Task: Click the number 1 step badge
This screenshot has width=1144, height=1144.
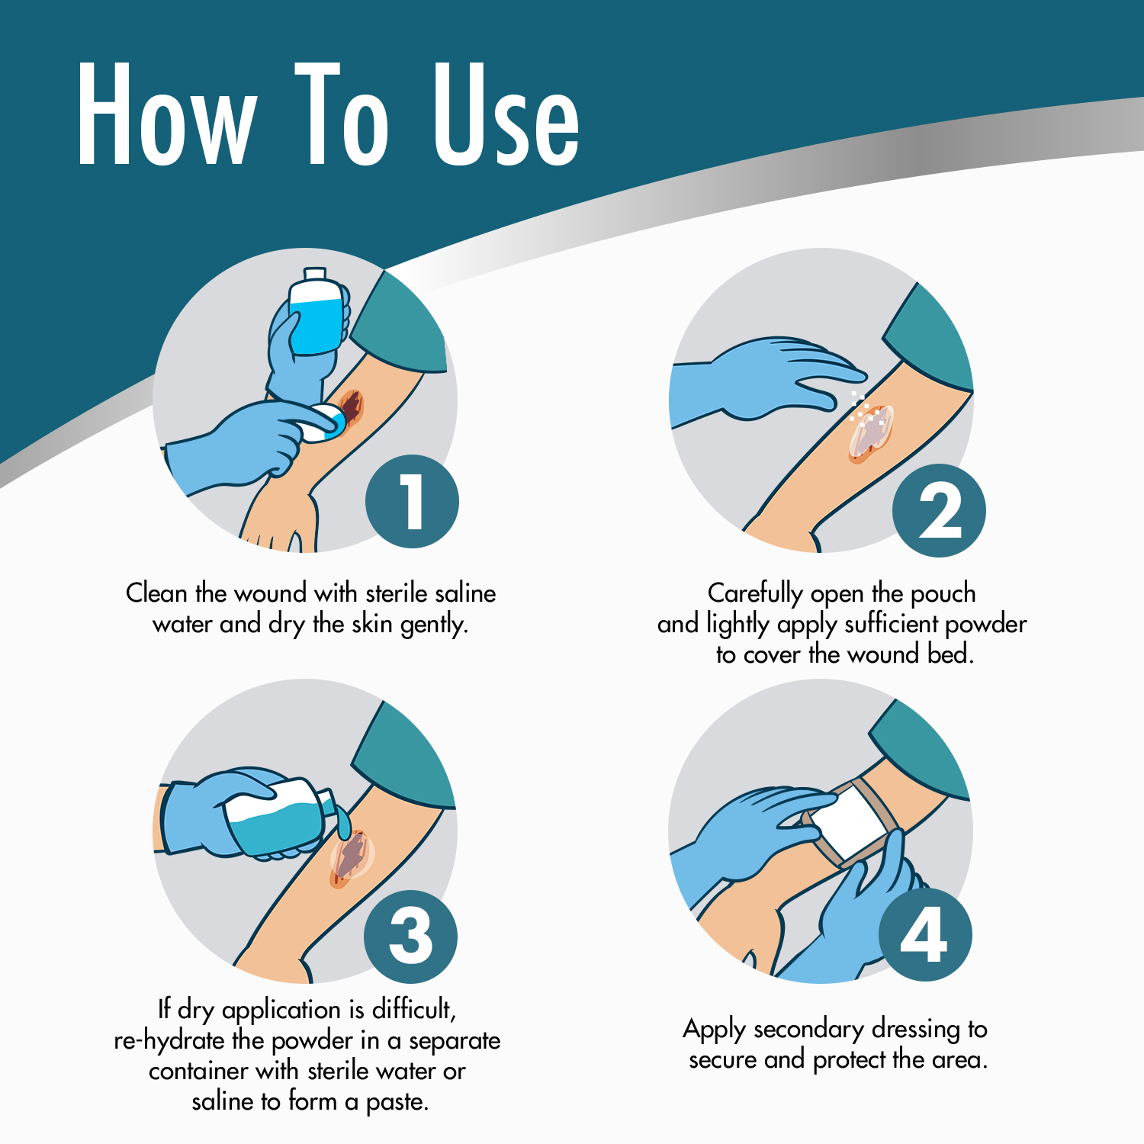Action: (412, 501)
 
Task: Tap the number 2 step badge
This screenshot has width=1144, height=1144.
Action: (939, 510)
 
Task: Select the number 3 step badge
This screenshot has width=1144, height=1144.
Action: (410, 937)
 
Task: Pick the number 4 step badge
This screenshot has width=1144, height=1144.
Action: (925, 935)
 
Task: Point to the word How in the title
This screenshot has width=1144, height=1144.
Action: (166, 114)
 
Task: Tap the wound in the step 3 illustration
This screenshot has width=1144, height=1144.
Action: (351, 859)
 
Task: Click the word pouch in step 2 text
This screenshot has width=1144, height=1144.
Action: (943, 593)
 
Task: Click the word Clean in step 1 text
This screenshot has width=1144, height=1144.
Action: (156, 593)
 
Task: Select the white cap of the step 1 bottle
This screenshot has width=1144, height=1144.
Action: (316, 275)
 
